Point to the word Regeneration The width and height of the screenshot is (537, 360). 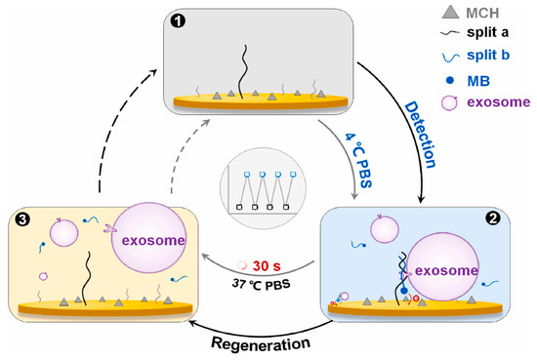point(261,342)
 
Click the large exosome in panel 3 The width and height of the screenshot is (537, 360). point(148,240)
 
